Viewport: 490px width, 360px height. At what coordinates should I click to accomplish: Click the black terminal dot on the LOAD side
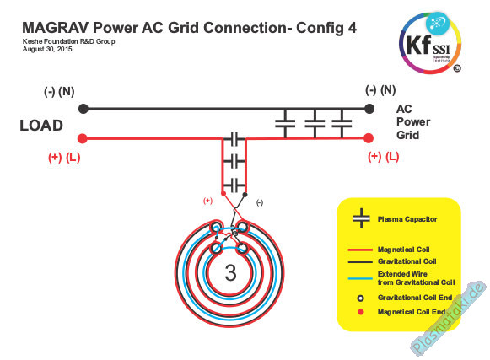point(83,109)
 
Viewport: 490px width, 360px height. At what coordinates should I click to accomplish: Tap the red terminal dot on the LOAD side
point(83,138)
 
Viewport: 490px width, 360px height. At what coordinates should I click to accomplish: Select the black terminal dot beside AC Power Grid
point(369,109)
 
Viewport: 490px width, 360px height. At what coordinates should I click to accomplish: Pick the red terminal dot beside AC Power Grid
point(369,137)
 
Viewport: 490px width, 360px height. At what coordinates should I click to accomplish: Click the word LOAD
point(41,126)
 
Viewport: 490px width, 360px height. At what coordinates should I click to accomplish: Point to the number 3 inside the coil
point(230,273)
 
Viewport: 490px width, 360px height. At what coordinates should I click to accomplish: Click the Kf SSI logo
point(430,43)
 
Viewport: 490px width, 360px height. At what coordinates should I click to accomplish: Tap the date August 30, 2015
point(47,49)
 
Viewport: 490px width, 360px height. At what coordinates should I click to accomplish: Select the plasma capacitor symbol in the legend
point(361,218)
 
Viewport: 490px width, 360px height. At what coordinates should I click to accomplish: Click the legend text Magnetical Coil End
point(412,312)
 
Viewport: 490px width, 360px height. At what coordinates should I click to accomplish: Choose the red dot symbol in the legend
point(361,312)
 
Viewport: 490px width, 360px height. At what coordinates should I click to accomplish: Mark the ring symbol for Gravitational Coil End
point(361,298)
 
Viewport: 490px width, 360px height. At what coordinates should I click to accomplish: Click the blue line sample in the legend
point(360,278)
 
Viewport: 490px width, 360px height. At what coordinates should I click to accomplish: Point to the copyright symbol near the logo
point(457,68)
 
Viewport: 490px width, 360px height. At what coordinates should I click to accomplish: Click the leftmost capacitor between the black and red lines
point(285,123)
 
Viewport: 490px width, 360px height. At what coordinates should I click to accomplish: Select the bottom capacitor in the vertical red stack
point(234,185)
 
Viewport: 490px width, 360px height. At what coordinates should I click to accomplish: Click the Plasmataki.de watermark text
point(449,318)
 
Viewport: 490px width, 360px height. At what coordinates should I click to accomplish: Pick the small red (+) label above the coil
point(207,201)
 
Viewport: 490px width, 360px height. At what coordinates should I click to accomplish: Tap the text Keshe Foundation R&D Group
point(69,41)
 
